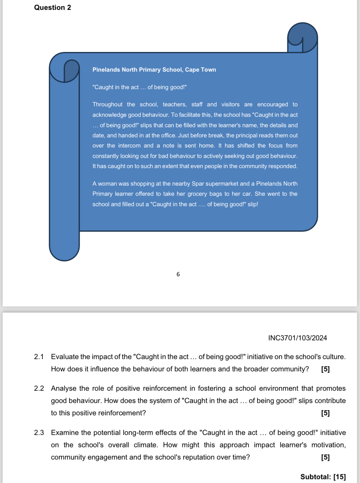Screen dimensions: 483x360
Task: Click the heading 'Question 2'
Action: [x=53, y=7]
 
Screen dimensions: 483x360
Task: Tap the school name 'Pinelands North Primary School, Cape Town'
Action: [x=154, y=70]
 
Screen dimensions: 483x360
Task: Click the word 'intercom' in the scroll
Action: [x=129, y=146]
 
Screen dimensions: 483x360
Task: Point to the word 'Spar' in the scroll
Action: [x=198, y=184]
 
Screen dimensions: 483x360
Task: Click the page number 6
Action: [x=178, y=274]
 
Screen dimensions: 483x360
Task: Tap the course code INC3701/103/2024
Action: [x=298, y=338]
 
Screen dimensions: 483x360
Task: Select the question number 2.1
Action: [x=39, y=357]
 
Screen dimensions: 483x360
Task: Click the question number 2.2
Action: [x=39, y=388]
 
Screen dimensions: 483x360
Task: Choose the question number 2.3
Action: [x=39, y=433]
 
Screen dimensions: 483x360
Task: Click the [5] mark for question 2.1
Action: [x=325, y=369]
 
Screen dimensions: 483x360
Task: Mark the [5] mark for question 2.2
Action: [x=325, y=413]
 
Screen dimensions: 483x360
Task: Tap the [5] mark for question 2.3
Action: [x=325, y=457]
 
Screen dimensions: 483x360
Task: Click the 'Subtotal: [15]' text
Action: [x=323, y=477]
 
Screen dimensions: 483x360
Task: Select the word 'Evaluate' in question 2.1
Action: [x=65, y=357]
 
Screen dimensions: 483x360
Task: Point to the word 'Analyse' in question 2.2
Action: [x=63, y=388]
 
